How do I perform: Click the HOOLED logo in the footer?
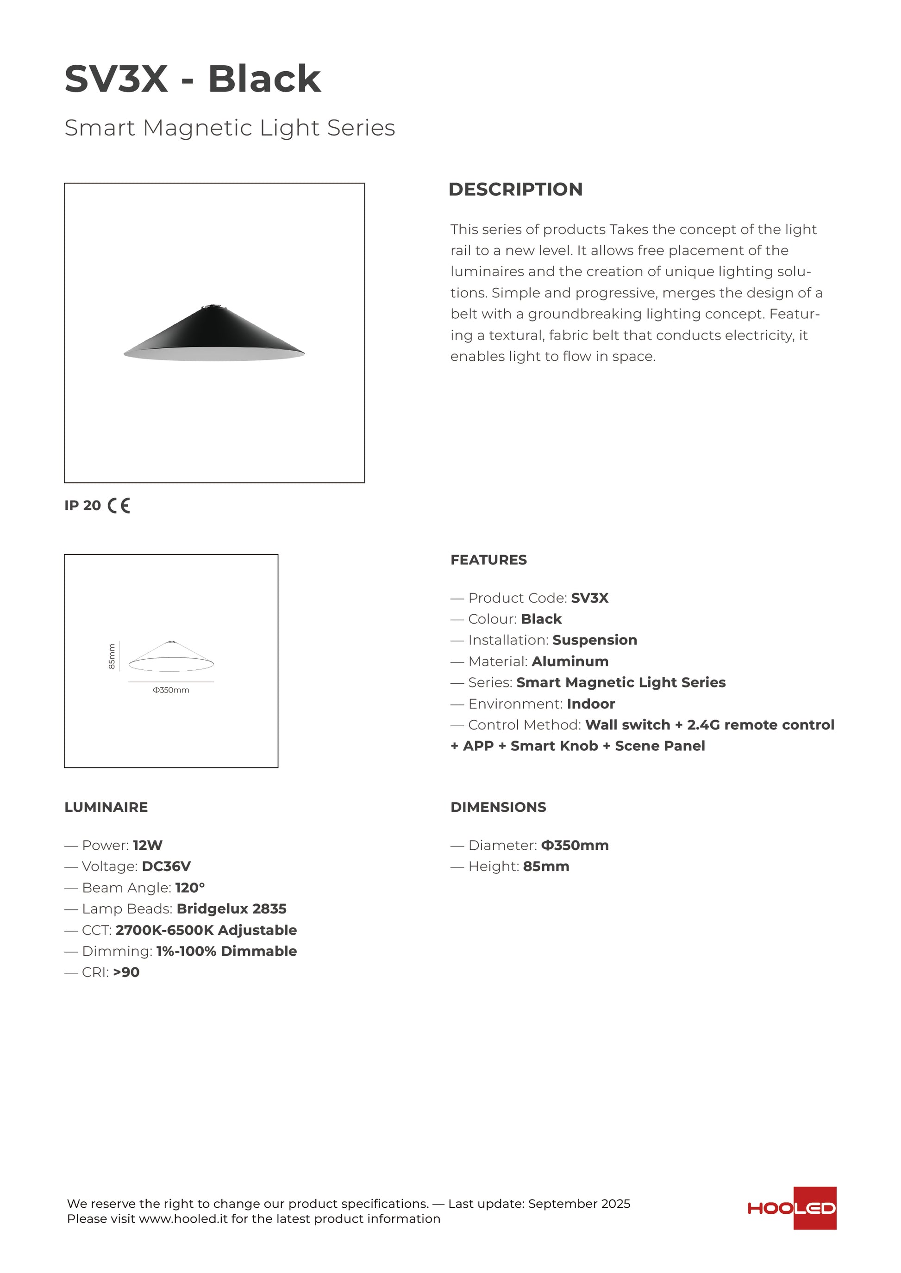pos(792,1208)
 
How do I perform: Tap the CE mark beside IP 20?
pos(119,506)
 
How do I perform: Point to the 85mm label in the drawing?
pos(112,656)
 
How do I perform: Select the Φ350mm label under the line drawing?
pos(171,690)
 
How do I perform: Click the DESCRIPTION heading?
pos(515,189)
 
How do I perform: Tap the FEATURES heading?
pos(488,560)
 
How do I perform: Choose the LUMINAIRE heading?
pos(106,807)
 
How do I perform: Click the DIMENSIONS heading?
pos(498,807)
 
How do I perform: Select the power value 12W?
pos(148,846)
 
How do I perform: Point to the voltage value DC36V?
pos(166,866)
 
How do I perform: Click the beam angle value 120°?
pos(190,888)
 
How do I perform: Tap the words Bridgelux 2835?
pos(232,909)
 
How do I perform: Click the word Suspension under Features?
pos(595,640)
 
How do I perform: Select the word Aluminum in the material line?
pos(570,661)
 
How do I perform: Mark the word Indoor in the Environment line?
pos(591,704)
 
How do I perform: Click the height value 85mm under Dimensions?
pos(546,866)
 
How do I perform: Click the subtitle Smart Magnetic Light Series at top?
pos(230,128)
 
